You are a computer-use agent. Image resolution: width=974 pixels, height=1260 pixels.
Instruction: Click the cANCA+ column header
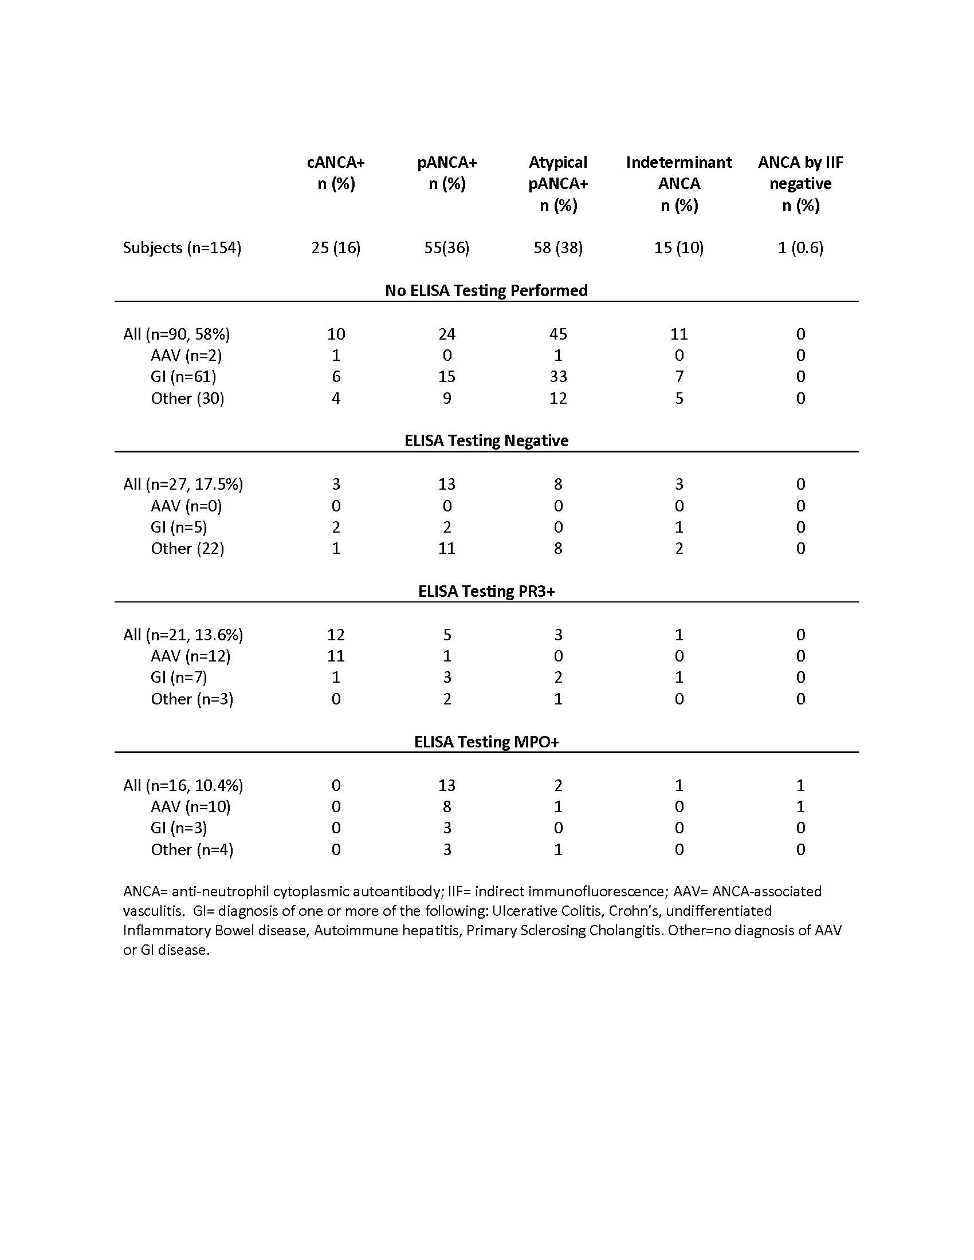click(336, 173)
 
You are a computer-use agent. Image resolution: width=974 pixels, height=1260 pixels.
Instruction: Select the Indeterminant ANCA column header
click(678, 183)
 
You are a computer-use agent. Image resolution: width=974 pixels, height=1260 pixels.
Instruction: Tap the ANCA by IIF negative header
click(800, 183)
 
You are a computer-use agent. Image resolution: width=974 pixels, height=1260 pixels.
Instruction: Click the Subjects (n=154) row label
click(182, 248)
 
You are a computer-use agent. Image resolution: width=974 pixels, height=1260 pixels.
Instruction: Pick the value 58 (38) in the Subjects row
click(558, 248)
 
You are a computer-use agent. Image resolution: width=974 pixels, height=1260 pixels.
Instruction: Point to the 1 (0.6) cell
click(800, 248)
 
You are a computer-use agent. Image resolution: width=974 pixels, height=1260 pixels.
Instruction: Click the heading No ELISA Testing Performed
click(486, 290)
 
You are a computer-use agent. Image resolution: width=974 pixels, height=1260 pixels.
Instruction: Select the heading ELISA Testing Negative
click(486, 441)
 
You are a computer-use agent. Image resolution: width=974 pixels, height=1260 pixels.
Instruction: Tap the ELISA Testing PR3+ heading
click(486, 592)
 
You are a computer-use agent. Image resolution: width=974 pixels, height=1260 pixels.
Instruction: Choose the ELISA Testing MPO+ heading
click(486, 742)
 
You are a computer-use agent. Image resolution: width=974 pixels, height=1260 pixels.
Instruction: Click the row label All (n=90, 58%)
click(176, 334)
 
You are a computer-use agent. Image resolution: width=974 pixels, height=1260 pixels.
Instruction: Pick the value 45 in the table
click(558, 334)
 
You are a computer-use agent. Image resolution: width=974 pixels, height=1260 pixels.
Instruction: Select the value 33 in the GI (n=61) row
click(558, 377)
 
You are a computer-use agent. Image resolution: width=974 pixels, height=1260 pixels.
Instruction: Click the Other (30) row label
click(187, 398)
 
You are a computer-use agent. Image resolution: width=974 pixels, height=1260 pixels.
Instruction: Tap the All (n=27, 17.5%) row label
click(183, 484)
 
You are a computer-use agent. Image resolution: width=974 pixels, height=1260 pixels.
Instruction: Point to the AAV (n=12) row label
click(190, 656)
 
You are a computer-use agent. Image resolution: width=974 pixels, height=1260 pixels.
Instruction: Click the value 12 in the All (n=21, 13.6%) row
click(336, 635)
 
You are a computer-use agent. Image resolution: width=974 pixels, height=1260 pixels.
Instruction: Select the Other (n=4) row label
click(191, 849)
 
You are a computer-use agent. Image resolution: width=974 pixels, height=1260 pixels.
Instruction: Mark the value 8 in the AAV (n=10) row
click(447, 806)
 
